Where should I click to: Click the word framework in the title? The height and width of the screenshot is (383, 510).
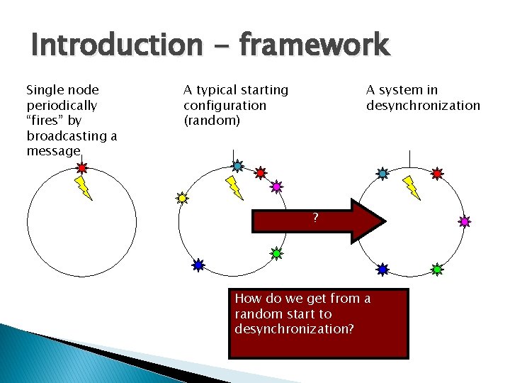click(x=314, y=46)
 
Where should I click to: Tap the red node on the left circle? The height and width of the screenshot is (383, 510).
click(x=81, y=168)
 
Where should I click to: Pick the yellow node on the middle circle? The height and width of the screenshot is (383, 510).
click(x=182, y=198)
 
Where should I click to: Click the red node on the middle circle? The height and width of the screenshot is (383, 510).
click(x=261, y=172)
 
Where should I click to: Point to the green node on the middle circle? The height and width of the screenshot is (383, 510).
click(x=277, y=252)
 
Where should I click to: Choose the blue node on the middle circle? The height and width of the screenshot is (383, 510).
click(x=198, y=265)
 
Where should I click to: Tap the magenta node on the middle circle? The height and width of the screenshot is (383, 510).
click(x=276, y=187)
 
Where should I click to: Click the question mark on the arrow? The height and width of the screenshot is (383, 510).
click(x=316, y=217)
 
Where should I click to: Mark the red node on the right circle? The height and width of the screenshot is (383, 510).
click(x=437, y=173)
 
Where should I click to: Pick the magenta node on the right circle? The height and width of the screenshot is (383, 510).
click(x=464, y=221)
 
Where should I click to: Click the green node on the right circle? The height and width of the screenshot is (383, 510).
click(x=437, y=270)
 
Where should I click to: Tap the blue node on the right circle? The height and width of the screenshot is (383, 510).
click(x=382, y=270)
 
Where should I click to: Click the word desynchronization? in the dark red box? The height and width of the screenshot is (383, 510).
click(x=294, y=329)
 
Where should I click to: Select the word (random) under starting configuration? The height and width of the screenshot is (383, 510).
click(x=212, y=121)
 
